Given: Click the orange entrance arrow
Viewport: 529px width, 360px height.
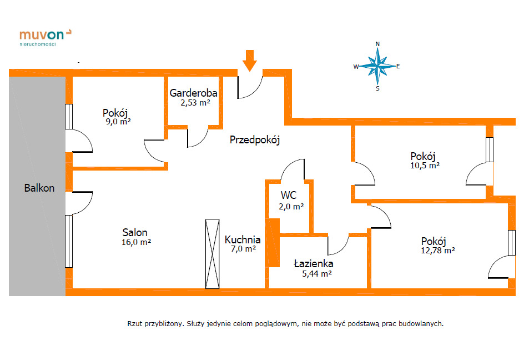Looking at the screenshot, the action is click(250, 61).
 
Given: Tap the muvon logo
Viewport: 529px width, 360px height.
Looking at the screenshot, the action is click(45, 37).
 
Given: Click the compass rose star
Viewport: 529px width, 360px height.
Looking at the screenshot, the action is click(377, 66).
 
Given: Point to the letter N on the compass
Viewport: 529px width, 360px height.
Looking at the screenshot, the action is click(377, 44).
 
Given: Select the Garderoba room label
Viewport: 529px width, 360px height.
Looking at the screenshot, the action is click(193, 93).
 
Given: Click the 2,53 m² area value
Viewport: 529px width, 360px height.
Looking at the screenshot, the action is click(195, 103).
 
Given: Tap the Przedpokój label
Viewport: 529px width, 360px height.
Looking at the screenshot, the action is click(255, 139).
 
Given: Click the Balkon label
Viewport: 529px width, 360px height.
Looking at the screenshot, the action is click(39, 188).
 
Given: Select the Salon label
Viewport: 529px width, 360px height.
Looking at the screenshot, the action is click(135, 232).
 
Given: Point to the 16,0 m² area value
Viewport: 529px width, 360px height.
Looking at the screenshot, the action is click(136, 242).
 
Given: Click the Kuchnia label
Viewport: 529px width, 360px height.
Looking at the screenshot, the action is click(243, 239).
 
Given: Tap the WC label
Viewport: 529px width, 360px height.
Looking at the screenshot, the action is click(289, 195).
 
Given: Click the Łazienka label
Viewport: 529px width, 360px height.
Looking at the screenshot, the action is click(314, 263).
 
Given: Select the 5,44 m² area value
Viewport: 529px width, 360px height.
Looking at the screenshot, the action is click(317, 273).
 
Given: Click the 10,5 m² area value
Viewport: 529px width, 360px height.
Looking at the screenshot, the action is click(425, 166).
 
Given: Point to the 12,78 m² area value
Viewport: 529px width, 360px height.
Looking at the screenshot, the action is click(438, 251).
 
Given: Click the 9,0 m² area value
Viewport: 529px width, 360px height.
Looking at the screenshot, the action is click(118, 122).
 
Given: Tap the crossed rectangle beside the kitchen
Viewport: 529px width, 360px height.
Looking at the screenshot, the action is click(213, 254).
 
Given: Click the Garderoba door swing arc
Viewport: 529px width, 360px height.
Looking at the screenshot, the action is click(201, 141).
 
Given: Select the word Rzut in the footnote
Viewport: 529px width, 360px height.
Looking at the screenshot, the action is click(135, 323).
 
